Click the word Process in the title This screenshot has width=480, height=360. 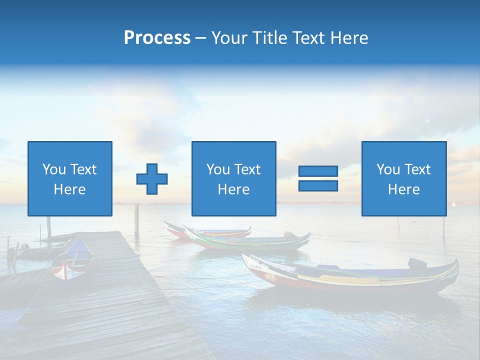157,38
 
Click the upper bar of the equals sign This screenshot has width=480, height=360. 318,171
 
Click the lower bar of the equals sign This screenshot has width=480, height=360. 318,185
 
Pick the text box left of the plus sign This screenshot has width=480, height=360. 70,178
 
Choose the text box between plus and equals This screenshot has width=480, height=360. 233,178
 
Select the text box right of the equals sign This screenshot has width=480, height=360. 404,178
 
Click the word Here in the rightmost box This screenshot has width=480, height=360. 403,189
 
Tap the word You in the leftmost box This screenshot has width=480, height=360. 53,169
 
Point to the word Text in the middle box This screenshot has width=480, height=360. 247,169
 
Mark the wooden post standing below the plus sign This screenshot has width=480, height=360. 136,220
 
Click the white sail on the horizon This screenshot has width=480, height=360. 454,203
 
